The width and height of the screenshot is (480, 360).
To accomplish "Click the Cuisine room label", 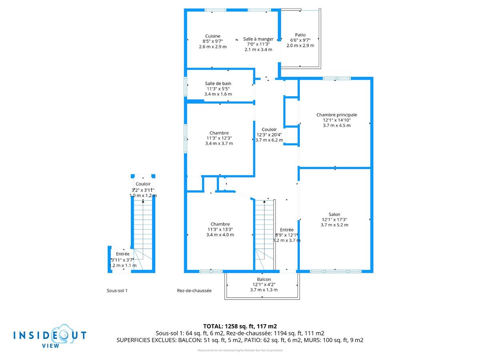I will coord(212,36).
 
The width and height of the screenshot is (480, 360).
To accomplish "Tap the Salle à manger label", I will coord(258,39).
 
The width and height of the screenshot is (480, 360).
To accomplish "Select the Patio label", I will coord(300,35).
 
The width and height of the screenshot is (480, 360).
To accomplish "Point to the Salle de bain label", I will coord(218,84).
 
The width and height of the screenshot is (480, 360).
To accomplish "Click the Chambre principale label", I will coord(336,115).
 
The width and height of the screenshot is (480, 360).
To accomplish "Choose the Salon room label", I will coord(334,214).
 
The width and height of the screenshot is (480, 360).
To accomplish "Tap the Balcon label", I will coord(264,279).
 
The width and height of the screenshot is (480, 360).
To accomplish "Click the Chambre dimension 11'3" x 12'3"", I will coord(219,138).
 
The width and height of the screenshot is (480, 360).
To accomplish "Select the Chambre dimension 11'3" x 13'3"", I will coord(220,229).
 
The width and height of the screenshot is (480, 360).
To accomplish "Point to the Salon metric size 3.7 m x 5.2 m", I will coord(334,225).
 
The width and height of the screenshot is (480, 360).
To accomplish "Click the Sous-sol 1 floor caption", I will coord(117,291).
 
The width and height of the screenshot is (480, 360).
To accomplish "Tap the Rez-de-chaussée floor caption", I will coord(194,291).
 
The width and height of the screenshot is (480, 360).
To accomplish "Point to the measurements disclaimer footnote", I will coord(240,350).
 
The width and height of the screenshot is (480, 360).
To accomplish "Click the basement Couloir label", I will coord(143,184).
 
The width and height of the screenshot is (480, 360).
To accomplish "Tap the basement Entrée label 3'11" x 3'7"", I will coord(123,260).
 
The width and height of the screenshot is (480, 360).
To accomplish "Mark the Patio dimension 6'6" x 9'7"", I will coord(300,40).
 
